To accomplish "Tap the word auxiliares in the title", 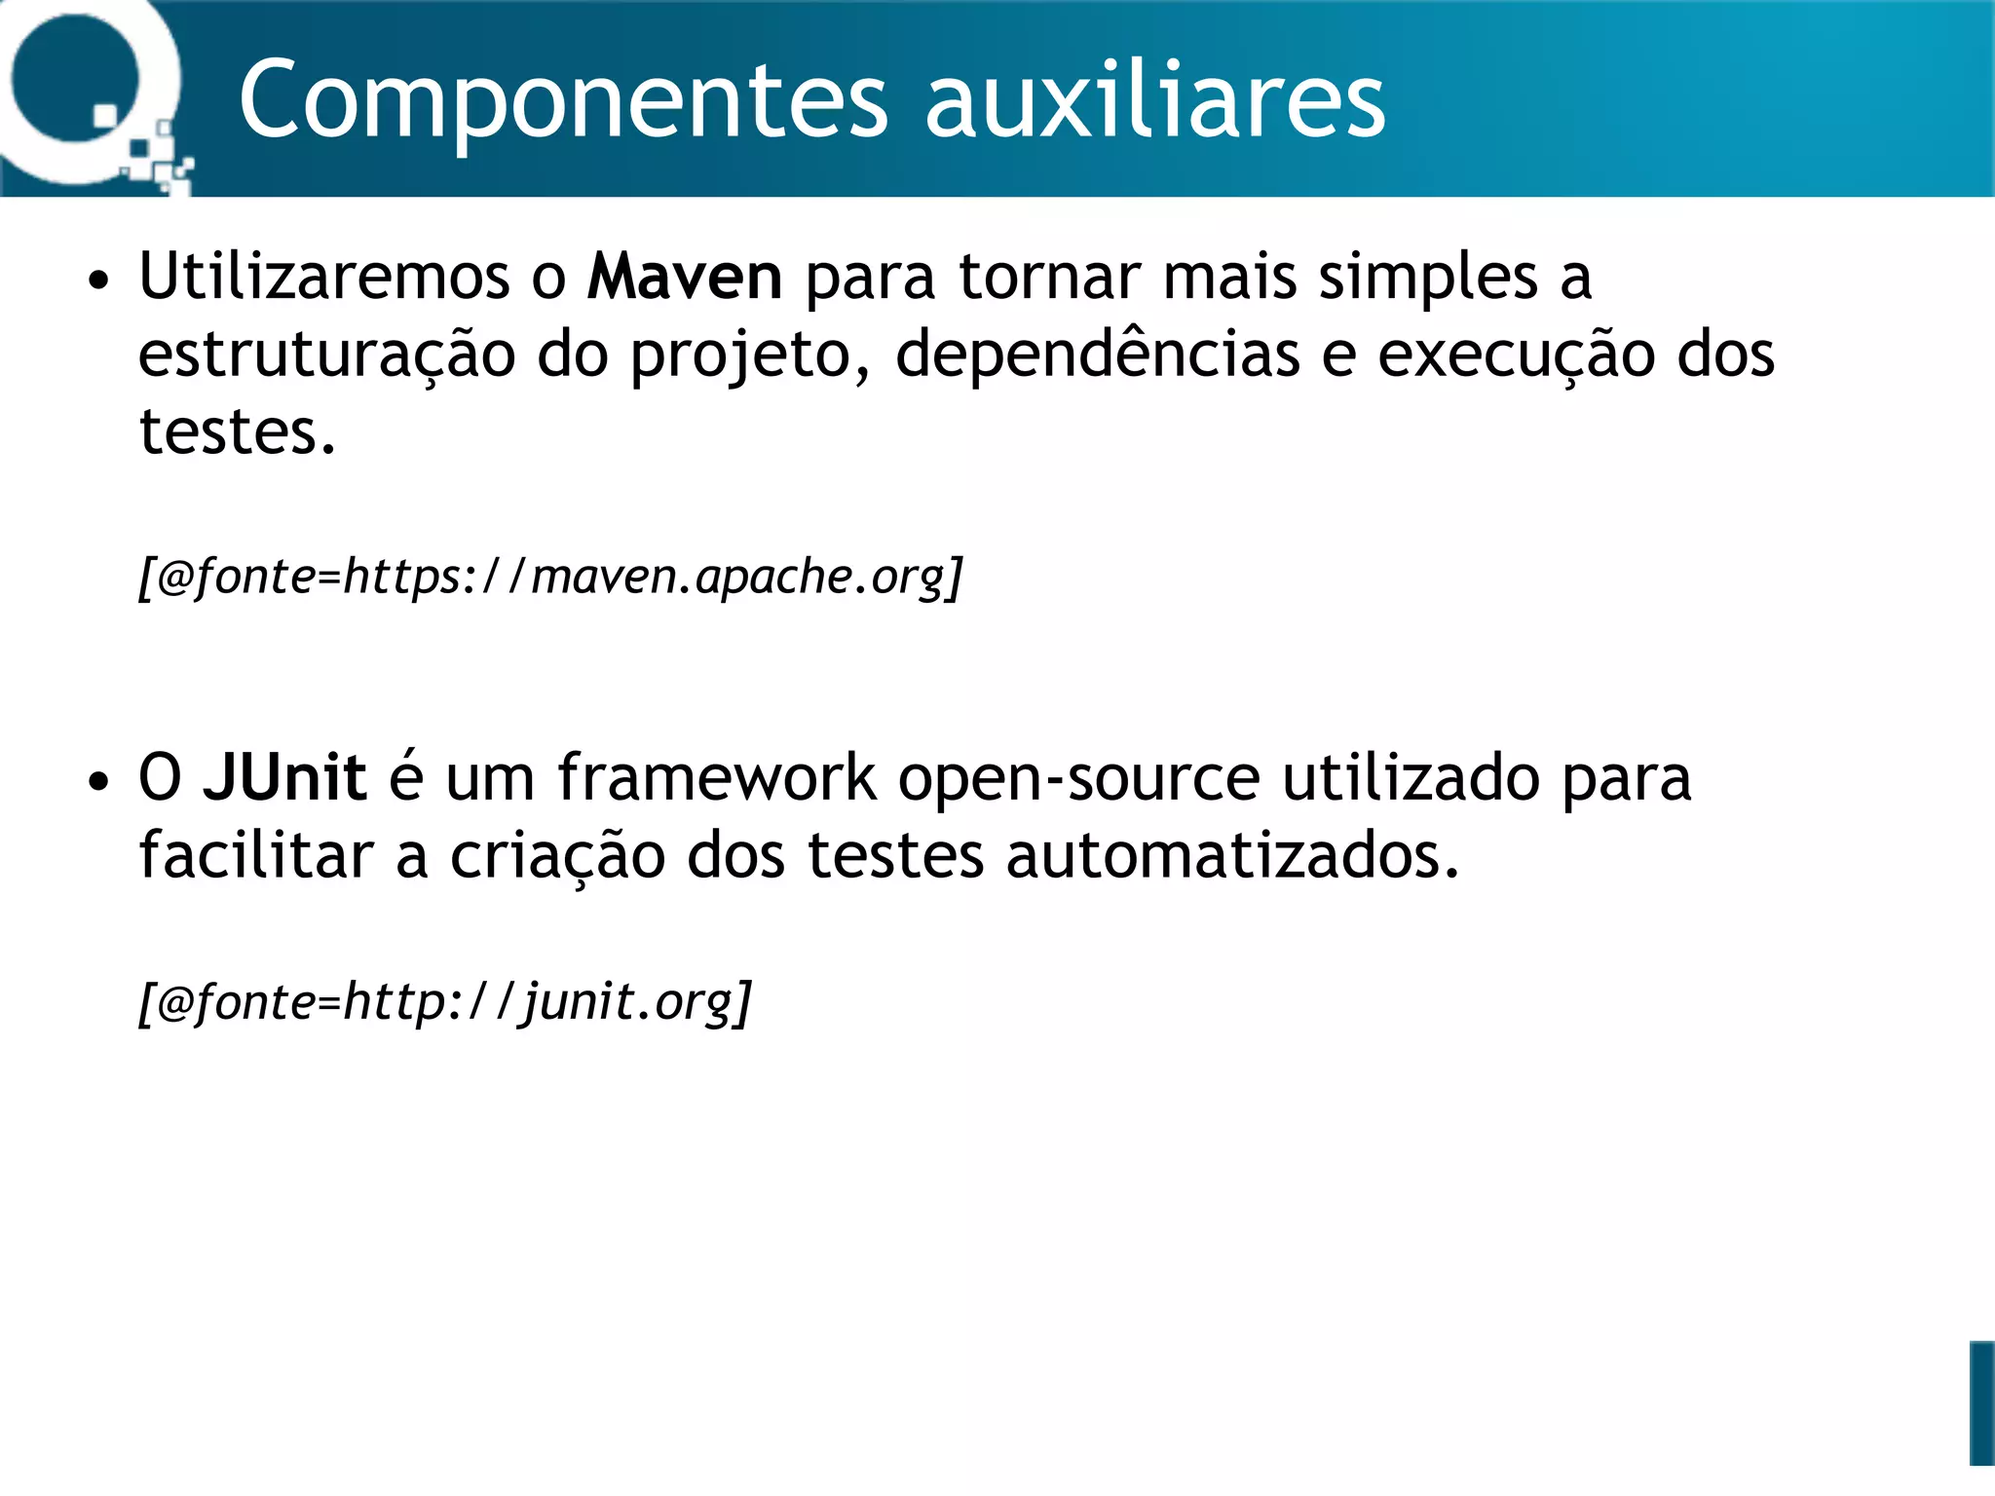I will point(1154,100).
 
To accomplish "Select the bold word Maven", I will point(685,277).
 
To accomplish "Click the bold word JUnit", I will point(284,777).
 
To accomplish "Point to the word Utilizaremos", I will point(324,277).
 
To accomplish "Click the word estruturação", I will point(326,355).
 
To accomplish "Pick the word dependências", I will point(1097,355).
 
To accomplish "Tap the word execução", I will point(1516,355).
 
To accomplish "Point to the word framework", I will point(717,777).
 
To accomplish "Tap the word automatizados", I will point(1232,855).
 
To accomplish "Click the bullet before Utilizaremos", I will point(97,281).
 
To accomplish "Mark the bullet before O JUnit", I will point(97,782).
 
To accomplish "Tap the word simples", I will point(1428,279).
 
